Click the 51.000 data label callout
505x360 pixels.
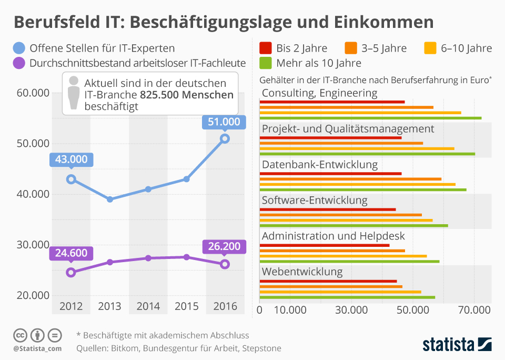click(x=224, y=122)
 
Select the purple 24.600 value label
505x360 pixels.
click(x=71, y=253)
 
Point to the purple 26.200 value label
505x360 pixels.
click(x=224, y=246)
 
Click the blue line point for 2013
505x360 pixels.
click(x=109, y=199)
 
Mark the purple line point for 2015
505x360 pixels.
click(x=186, y=257)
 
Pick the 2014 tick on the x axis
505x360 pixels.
click(x=148, y=306)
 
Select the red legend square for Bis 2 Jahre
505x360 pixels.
click(x=266, y=48)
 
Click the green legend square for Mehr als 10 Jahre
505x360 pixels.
click(x=266, y=63)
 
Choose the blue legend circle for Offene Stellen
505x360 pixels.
click(x=19, y=48)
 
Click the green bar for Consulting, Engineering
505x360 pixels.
click(x=370, y=118)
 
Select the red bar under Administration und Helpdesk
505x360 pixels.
click(x=325, y=245)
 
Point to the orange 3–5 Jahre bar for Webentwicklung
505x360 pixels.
click(x=331, y=287)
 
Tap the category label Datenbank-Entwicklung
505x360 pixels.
click(x=320, y=165)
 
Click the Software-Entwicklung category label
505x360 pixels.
click(x=315, y=201)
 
